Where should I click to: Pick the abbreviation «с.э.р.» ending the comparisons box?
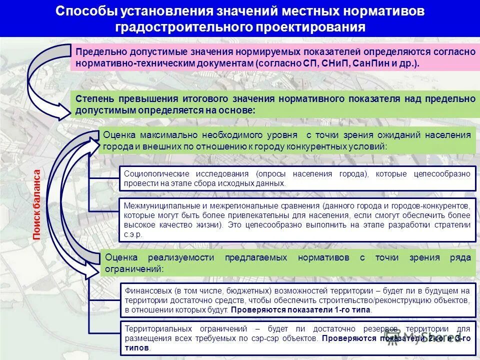click(x=133, y=234)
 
